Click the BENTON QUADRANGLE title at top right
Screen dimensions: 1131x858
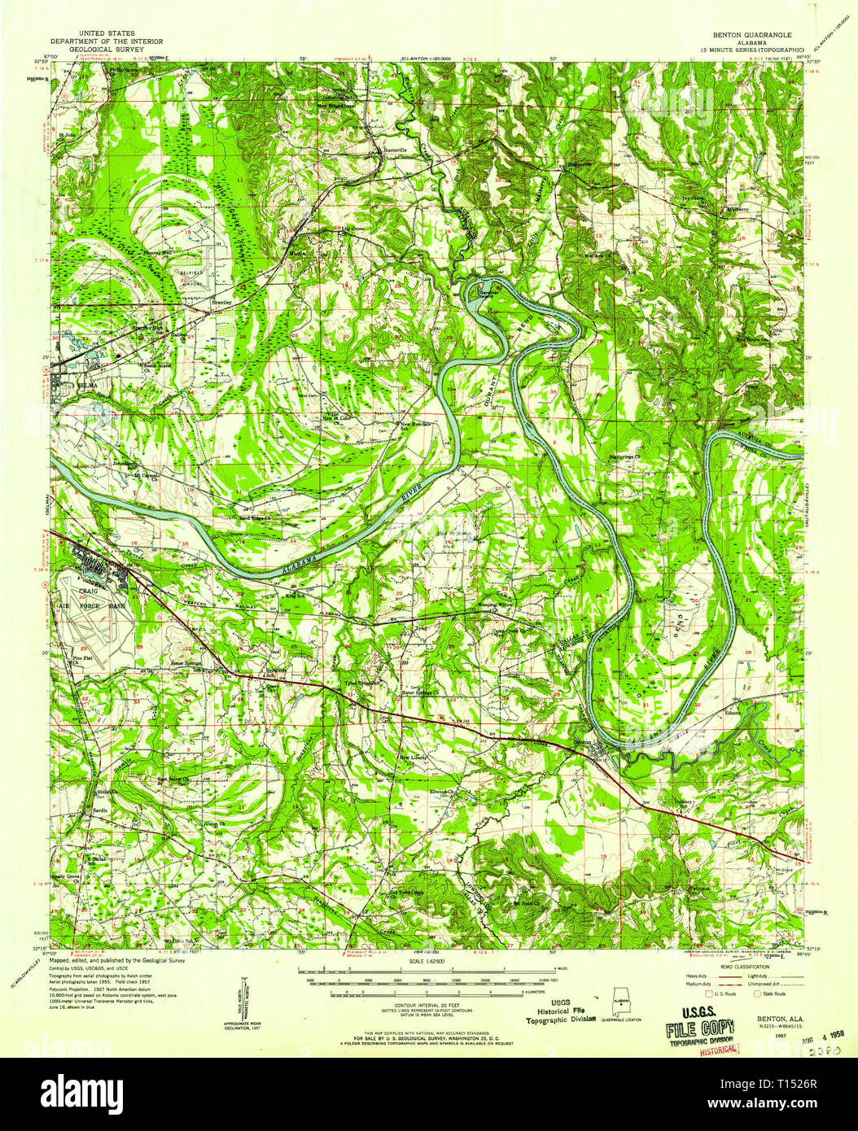pyautogui.click(x=745, y=36)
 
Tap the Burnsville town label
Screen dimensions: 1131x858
pyautogui.click(x=395, y=151)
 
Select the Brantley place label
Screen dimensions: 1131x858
pyautogui.click(x=222, y=302)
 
